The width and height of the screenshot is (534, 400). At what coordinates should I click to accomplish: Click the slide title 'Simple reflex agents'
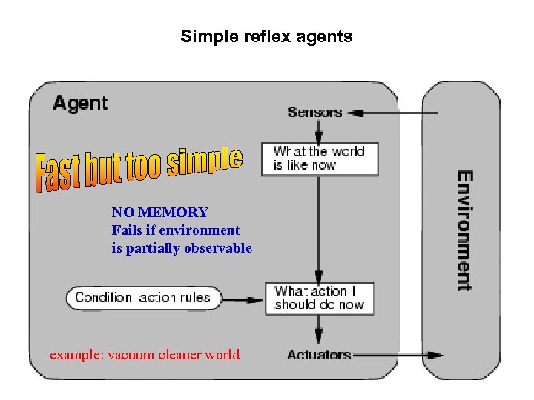266,36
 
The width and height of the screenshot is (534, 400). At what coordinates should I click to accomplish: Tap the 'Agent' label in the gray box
80,103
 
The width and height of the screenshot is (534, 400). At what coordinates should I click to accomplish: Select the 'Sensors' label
314,112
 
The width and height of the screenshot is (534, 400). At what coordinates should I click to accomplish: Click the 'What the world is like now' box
320,159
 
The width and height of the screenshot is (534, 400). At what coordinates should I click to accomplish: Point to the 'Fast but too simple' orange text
139,167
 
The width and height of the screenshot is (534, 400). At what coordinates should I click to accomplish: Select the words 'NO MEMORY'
159,213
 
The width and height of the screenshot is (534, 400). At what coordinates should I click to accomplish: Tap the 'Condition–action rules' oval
142,299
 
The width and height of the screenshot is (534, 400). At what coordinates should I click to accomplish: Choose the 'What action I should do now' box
320,298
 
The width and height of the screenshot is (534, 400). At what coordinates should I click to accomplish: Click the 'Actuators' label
319,354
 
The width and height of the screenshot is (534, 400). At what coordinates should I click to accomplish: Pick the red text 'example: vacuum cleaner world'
145,354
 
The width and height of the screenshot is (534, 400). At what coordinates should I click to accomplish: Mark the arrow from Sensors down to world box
318,131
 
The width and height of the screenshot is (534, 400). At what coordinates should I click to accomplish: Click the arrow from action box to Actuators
319,329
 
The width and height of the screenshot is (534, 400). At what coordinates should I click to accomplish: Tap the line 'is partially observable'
182,248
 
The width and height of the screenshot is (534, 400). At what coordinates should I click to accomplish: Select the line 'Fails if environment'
176,230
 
